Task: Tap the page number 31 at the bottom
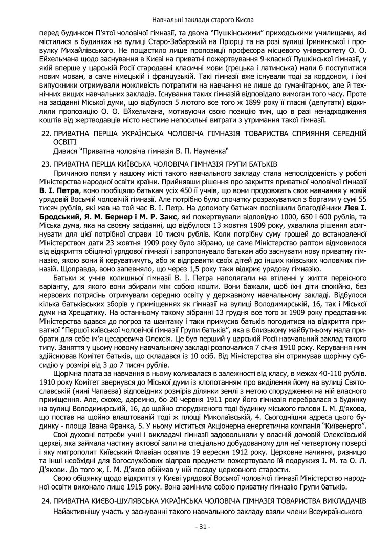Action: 196,526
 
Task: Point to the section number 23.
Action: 45,164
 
